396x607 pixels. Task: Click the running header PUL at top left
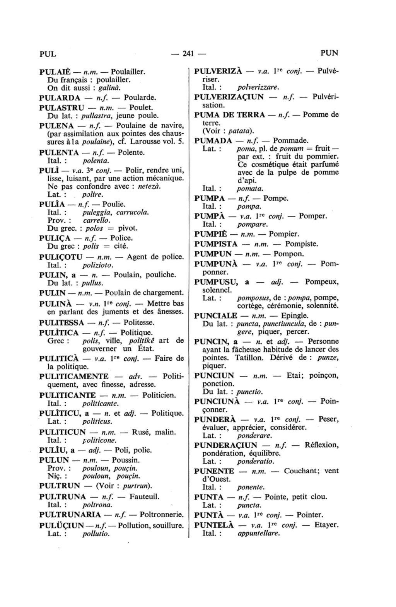(x=48, y=53)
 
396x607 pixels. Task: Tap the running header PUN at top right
(x=329, y=53)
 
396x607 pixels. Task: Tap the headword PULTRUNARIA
(x=70, y=515)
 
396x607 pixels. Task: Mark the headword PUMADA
(x=213, y=140)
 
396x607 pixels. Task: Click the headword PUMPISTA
(x=216, y=244)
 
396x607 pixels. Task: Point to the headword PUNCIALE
(x=216, y=315)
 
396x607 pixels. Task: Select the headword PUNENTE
(x=214, y=471)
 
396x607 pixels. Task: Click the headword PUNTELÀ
(x=214, y=525)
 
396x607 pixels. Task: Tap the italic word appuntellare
(x=258, y=534)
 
